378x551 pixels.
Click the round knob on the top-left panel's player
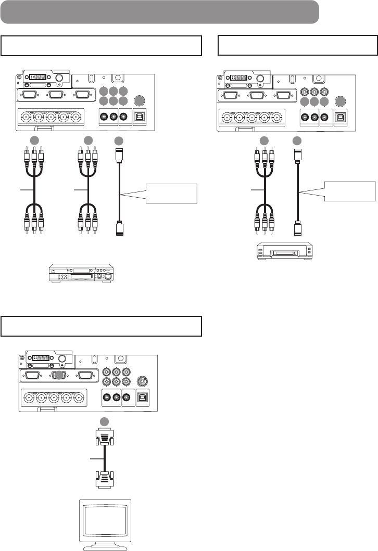pos(108,276)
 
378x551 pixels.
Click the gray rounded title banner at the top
pos(159,12)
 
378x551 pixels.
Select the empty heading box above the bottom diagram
pos(101,326)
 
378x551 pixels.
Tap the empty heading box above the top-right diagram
pos(297,46)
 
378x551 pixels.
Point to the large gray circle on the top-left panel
pos(139,101)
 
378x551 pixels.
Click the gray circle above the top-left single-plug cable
pos(119,140)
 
